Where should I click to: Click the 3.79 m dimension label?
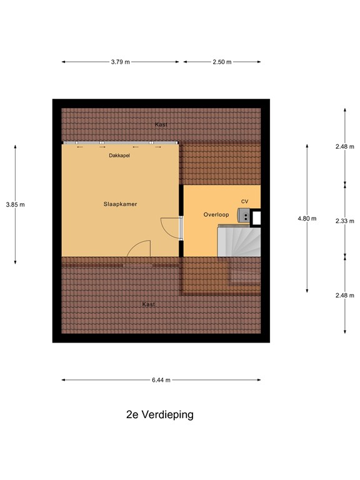pos(120,62)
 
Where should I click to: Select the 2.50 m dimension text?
pos(222,62)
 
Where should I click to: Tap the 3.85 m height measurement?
pos(15,204)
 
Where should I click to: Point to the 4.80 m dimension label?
pos(307,219)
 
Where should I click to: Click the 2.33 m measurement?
pos(344,221)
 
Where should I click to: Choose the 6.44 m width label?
pos(161,379)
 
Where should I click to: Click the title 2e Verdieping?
pos(158,414)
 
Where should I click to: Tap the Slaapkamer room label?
pos(120,204)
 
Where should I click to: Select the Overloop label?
pos(216,214)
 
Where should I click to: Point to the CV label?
pos(245,201)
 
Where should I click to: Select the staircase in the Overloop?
pos(238,241)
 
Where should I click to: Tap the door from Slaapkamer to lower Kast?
pos(139,249)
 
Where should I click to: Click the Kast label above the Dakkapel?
pos(161,125)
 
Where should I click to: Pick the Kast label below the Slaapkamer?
pos(148,304)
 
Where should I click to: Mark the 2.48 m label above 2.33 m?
pos(344,146)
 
